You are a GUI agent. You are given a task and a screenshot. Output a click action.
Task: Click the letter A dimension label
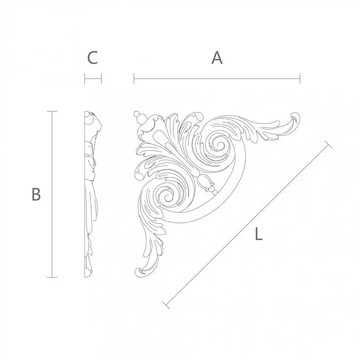[217, 58]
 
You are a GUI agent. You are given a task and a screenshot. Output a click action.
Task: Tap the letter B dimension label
[36, 194]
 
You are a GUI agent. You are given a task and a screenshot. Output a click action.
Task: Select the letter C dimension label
[92, 58]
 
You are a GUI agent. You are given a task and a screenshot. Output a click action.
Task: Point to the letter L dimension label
[258, 234]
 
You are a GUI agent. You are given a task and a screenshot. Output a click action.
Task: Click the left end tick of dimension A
[134, 78]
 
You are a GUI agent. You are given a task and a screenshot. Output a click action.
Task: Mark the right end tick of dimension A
[300, 78]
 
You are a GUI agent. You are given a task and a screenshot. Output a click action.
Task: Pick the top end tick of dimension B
[52, 111]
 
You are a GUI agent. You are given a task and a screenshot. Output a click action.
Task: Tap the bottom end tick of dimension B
[52, 277]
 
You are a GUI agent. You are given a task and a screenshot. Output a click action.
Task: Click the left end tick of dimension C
[84, 78]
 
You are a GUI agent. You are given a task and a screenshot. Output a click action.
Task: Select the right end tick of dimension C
[102, 78]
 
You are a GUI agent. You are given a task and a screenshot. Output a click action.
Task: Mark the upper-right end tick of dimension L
[329, 144]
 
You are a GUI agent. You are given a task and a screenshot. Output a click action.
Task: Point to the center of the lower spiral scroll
[164, 196]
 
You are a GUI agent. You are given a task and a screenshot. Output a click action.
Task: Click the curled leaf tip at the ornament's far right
[294, 119]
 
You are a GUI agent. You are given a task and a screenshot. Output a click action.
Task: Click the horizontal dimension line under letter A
[217, 78]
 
